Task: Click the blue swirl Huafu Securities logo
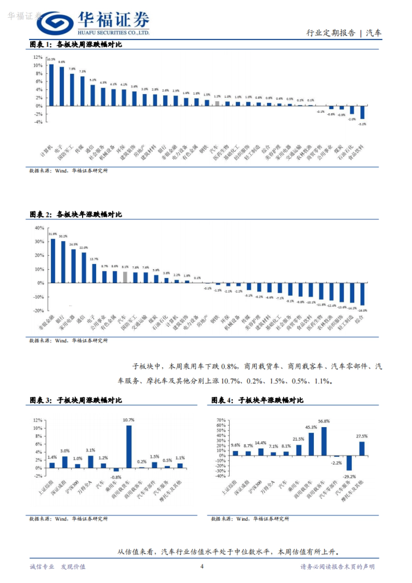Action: tap(55, 23)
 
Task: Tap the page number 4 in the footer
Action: tap(202, 566)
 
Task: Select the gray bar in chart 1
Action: tap(217, 103)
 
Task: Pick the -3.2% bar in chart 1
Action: tap(362, 112)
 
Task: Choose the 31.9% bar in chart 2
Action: tap(53, 261)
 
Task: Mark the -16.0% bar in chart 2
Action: tap(362, 294)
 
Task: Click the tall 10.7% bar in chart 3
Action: tap(129, 447)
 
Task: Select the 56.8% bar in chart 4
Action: tap(324, 441)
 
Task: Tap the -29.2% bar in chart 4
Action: tap(349, 463)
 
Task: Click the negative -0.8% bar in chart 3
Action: tap(116, 470)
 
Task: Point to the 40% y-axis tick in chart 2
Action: tap(39, 228)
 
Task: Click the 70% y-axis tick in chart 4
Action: tap(221, 420)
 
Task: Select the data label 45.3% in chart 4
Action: tap(311, 427)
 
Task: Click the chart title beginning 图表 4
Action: tap(257, 400)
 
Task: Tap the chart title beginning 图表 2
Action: tap(76, 215)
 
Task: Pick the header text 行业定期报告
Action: tap(331, 33)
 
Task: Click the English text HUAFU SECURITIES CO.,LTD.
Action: tap(114, 33)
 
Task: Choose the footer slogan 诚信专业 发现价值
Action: tap(58, 567)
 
